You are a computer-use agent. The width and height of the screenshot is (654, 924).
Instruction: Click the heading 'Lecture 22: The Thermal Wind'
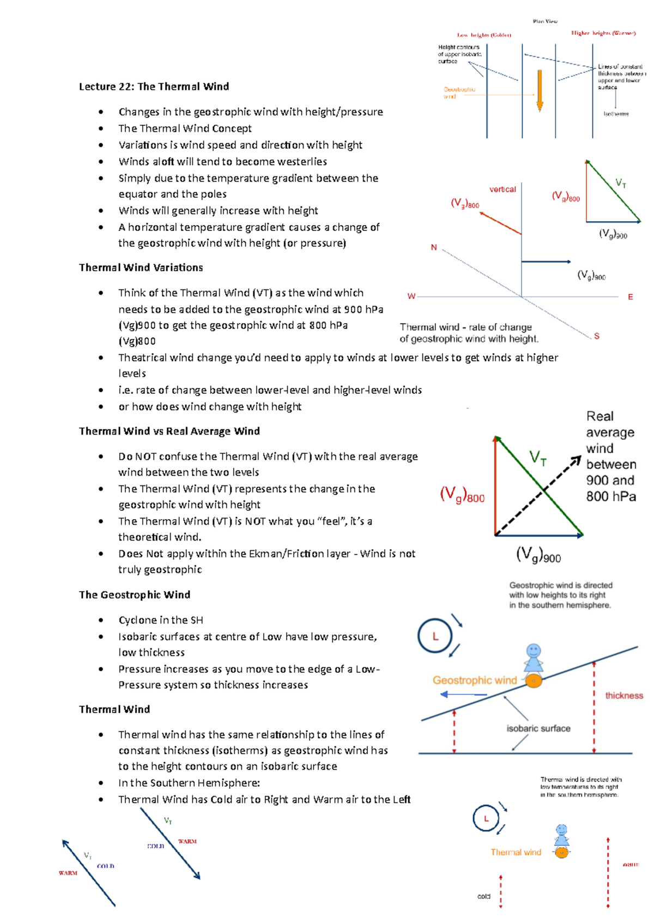[x=154, y=87]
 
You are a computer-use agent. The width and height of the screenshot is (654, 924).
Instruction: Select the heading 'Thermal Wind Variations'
[x=141, y=268]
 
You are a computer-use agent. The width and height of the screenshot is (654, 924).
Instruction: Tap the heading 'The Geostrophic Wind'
[x=134, y=595]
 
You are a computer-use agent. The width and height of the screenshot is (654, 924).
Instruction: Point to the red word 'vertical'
[x=502, y=190]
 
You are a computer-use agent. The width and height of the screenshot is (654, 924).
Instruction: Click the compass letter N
[x=434, y=247]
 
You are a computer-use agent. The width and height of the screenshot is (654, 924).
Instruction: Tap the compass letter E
[x=631, y=297]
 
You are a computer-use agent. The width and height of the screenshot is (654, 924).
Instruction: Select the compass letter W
[x=411, y=296]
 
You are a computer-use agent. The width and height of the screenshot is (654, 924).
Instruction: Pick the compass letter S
[x=597, y=336]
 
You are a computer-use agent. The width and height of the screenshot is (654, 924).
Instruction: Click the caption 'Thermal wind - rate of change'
[x=465, y=327]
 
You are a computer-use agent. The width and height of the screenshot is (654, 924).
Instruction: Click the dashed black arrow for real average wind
[x=538, y=496]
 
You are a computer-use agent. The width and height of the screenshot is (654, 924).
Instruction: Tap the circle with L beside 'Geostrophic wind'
[x=435, y=636]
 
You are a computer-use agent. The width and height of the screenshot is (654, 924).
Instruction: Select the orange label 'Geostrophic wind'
[x=474, y=680]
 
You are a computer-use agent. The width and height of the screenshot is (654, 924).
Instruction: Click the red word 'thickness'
[x=624, y=696]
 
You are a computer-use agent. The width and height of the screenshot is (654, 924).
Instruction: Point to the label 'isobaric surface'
[x=538, y=728]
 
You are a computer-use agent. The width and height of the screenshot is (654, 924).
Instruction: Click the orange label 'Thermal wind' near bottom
[x=516, y=853]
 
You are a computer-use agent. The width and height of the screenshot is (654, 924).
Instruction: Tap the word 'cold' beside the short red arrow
[x=484, y=896]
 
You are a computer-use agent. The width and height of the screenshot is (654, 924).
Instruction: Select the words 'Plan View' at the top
[x=545, y=21]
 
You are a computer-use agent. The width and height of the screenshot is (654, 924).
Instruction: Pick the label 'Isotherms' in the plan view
[x=616, y=114]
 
